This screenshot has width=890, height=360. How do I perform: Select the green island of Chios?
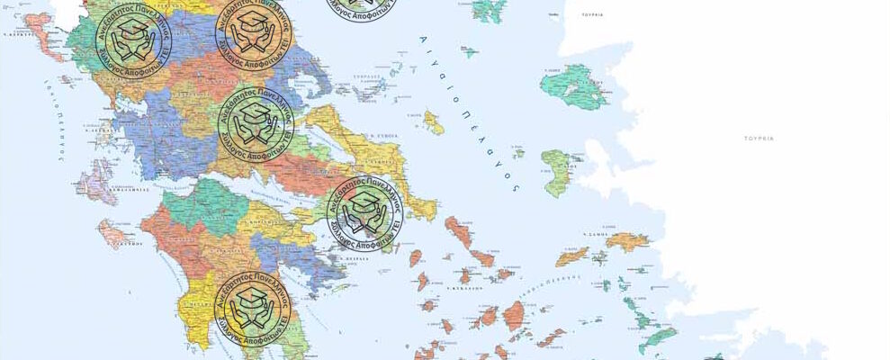coord(558,171)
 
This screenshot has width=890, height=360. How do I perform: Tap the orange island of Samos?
coord(626,240)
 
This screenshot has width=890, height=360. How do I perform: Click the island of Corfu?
coord(47,45)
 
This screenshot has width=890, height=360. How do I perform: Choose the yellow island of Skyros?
coord(434,122)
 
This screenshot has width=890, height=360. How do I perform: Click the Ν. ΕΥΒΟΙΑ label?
coord(379,136)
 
